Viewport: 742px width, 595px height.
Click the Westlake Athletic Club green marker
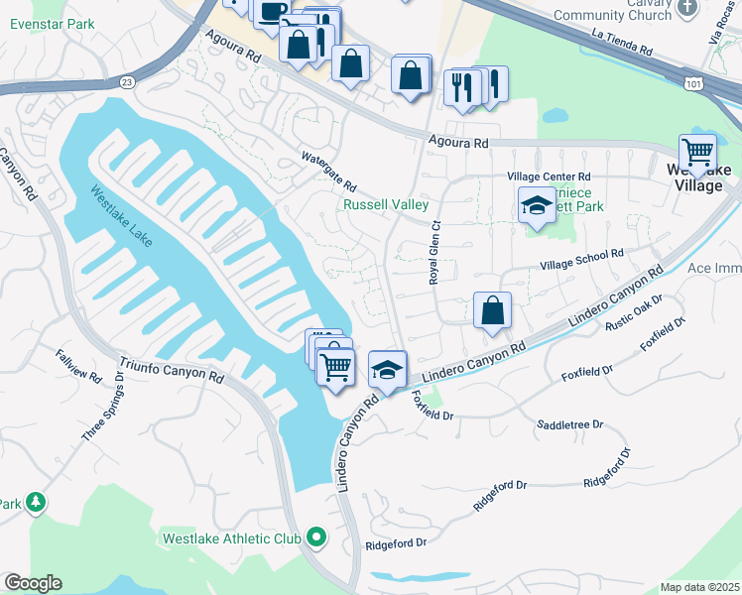316,538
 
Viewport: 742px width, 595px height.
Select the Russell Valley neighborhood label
386,205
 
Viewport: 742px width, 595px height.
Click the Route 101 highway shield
694,84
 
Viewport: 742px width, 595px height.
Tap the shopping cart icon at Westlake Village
698,152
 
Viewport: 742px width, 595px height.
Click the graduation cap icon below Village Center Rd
537,204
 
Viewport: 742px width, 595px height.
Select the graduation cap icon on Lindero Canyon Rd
388,369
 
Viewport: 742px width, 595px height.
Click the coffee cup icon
270,12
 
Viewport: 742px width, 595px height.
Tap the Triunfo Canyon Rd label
172,371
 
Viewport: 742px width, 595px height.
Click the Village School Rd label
581,260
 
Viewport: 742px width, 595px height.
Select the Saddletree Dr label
569,423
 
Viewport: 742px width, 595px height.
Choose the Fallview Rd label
78,366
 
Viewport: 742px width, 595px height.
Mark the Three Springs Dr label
103,408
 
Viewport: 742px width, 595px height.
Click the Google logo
33,583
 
